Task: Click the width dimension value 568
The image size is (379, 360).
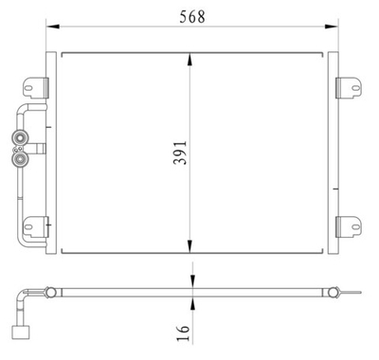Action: (192, 16)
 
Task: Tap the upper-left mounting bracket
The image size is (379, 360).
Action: (36, 83)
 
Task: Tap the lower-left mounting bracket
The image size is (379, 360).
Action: (36, 226)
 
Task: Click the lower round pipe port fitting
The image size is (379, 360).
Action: (18, 160)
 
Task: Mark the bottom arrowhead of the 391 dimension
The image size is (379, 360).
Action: (192, 247)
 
